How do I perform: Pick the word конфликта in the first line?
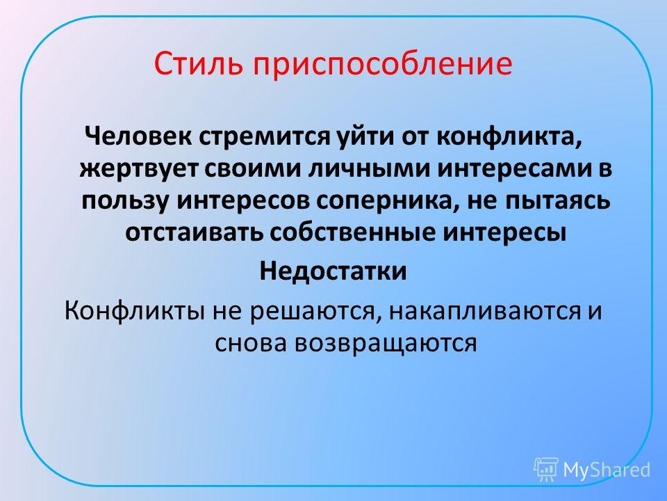point(509,137)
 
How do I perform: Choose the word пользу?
point(126,200)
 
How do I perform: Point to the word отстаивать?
point(195,233)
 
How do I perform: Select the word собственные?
point(353,233)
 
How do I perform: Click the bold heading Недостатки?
point(333,271)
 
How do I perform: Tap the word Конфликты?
point(136,312)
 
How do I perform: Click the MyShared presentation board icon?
point(546,469)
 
